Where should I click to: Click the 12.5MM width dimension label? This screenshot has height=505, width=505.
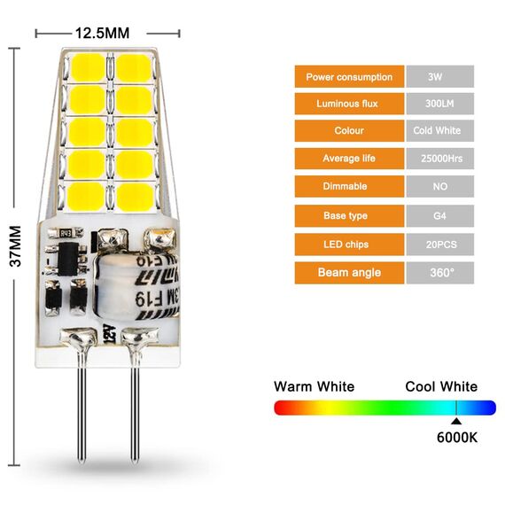102,34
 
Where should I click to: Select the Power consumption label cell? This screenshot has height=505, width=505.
349,77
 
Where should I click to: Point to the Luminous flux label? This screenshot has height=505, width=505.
349,104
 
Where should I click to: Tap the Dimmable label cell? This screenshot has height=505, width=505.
349,187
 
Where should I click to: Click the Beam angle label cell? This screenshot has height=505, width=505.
349,272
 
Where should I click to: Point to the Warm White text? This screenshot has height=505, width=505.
314,386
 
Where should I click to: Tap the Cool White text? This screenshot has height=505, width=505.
440,386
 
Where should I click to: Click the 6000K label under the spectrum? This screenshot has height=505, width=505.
457,437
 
